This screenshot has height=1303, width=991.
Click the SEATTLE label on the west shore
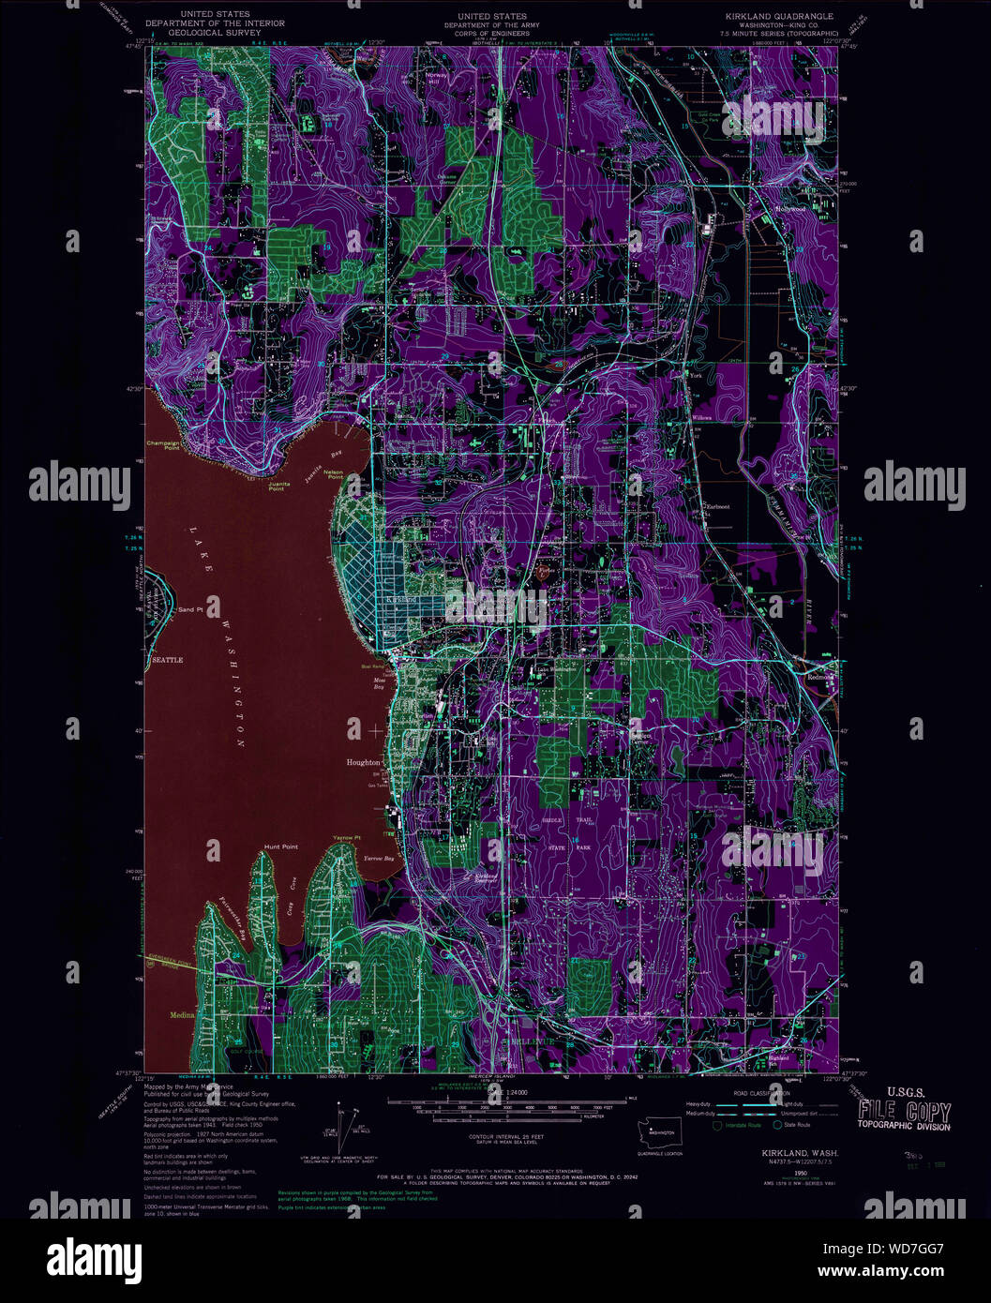point(167,660)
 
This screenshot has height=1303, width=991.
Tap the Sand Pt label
point(189,609)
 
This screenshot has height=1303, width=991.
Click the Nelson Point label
point(334,474)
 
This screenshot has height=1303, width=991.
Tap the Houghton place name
point(363,762)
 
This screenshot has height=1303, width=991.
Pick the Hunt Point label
point(280,846)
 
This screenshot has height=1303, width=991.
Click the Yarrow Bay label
point(378,858)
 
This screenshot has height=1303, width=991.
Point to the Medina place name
point(182,1014)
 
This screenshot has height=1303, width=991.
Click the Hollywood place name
point(789,208)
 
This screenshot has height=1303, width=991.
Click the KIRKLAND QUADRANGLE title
point(778,17)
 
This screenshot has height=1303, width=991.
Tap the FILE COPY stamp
point(904,1113)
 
